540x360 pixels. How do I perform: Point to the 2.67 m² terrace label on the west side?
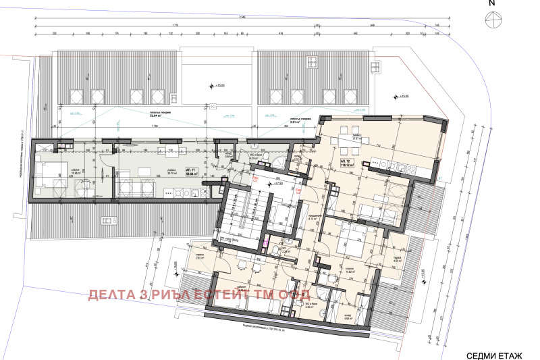point(200,257)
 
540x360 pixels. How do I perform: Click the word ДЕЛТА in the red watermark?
point(115,295)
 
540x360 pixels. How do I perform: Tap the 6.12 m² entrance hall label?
point(312,219)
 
